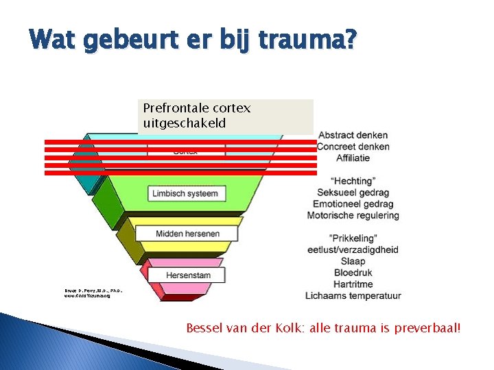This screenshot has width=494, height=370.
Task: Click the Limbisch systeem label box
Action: (185, 194)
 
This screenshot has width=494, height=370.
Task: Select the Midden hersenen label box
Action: (187, 234)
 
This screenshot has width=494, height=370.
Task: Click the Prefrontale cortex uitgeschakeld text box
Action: (226, 116)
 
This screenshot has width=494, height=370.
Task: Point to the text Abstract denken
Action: (353, 135)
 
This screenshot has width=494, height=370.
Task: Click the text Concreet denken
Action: (353, 147)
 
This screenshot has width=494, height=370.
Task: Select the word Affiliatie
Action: (353, 158)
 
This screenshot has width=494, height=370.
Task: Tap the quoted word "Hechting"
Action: (353, 181)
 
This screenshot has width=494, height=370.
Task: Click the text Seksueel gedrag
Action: (353, 193)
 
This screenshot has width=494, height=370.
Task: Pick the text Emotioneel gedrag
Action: (353, 204)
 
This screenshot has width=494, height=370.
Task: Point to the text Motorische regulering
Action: (353, 216)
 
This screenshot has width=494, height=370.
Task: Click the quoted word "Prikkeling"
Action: (353, 238)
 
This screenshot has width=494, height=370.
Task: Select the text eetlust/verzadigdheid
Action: (353, 250)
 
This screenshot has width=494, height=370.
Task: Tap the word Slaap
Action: (353, 261)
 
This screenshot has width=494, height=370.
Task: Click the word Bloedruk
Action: (353, 273)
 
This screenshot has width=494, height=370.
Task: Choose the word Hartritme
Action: (353, 284)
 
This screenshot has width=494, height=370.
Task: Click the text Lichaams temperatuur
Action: (353, 296)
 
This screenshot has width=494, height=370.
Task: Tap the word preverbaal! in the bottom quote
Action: (429, 328)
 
